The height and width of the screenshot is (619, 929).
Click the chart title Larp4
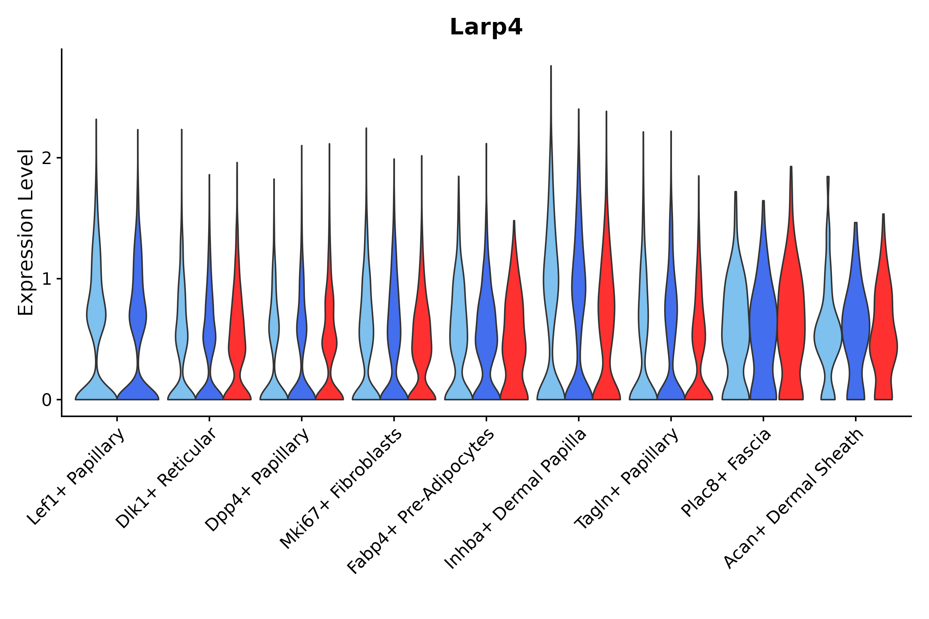486,27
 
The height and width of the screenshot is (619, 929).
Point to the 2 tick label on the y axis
46,158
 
